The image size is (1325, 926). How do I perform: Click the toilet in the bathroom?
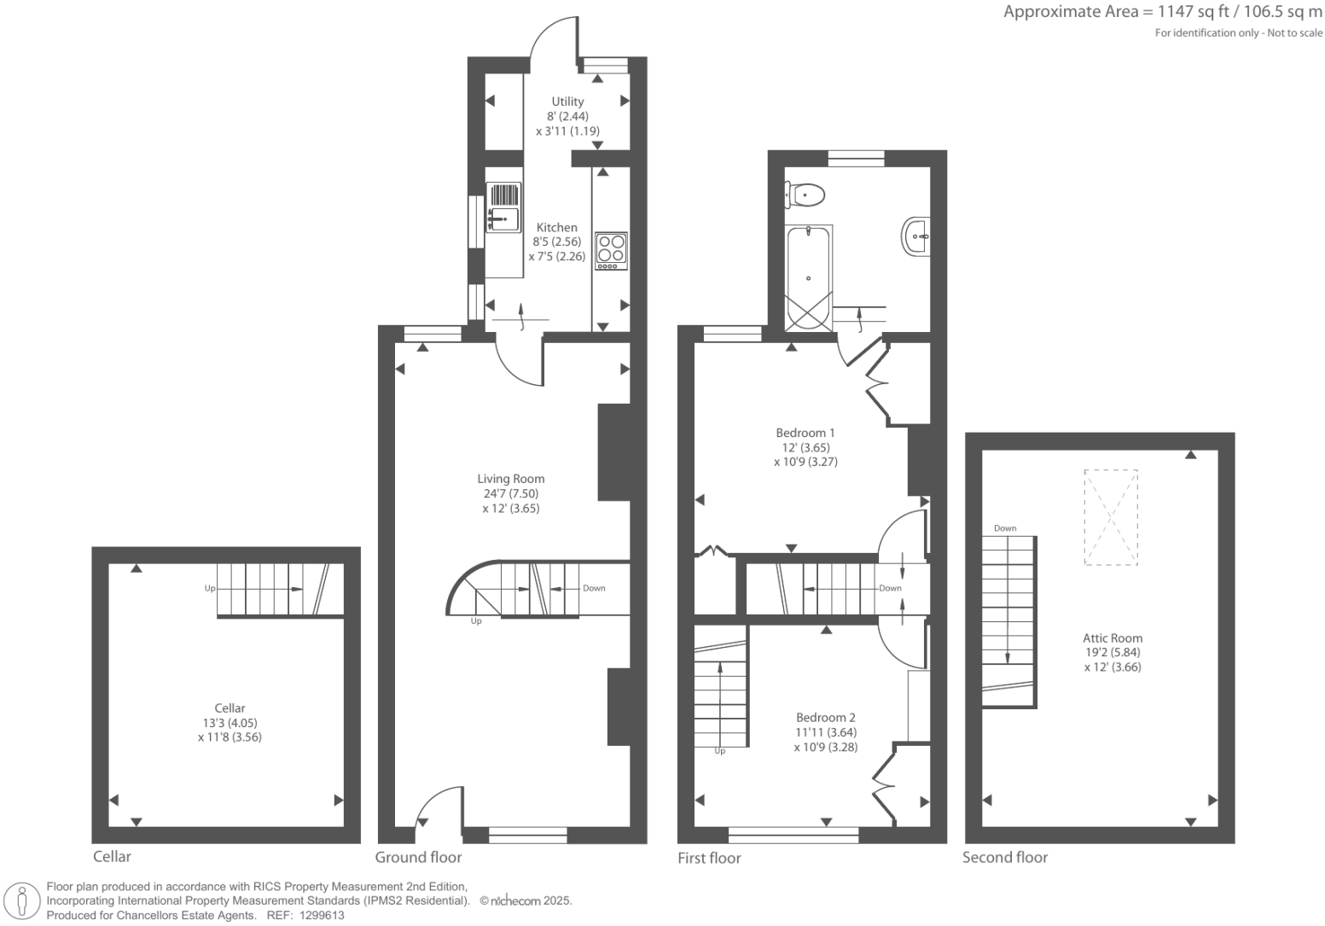point(805,195)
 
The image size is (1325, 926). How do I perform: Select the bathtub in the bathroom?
point(808,277)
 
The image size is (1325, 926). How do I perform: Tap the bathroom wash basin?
point(915,235)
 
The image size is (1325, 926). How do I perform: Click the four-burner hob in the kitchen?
point(611,251)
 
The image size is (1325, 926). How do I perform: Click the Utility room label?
point(567,102)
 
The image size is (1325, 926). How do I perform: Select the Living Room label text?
point(510,479)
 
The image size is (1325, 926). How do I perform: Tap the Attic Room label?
point(1112,638)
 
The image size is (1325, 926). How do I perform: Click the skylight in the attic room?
point(1111,517)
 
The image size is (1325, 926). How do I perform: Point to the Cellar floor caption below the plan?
point(112,856)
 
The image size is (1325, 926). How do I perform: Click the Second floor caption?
point(1004,857)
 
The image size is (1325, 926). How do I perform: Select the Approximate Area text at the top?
point(1162,12)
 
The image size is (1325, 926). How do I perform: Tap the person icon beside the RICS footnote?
point(23,901)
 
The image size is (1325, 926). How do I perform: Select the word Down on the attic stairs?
point(1005,528)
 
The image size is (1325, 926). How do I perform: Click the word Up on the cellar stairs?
point(210,588)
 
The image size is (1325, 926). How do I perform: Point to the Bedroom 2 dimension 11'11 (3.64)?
point(825,732)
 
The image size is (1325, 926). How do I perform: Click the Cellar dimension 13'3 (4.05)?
point(230,723)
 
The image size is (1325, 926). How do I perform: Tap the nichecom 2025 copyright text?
point(526,900)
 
